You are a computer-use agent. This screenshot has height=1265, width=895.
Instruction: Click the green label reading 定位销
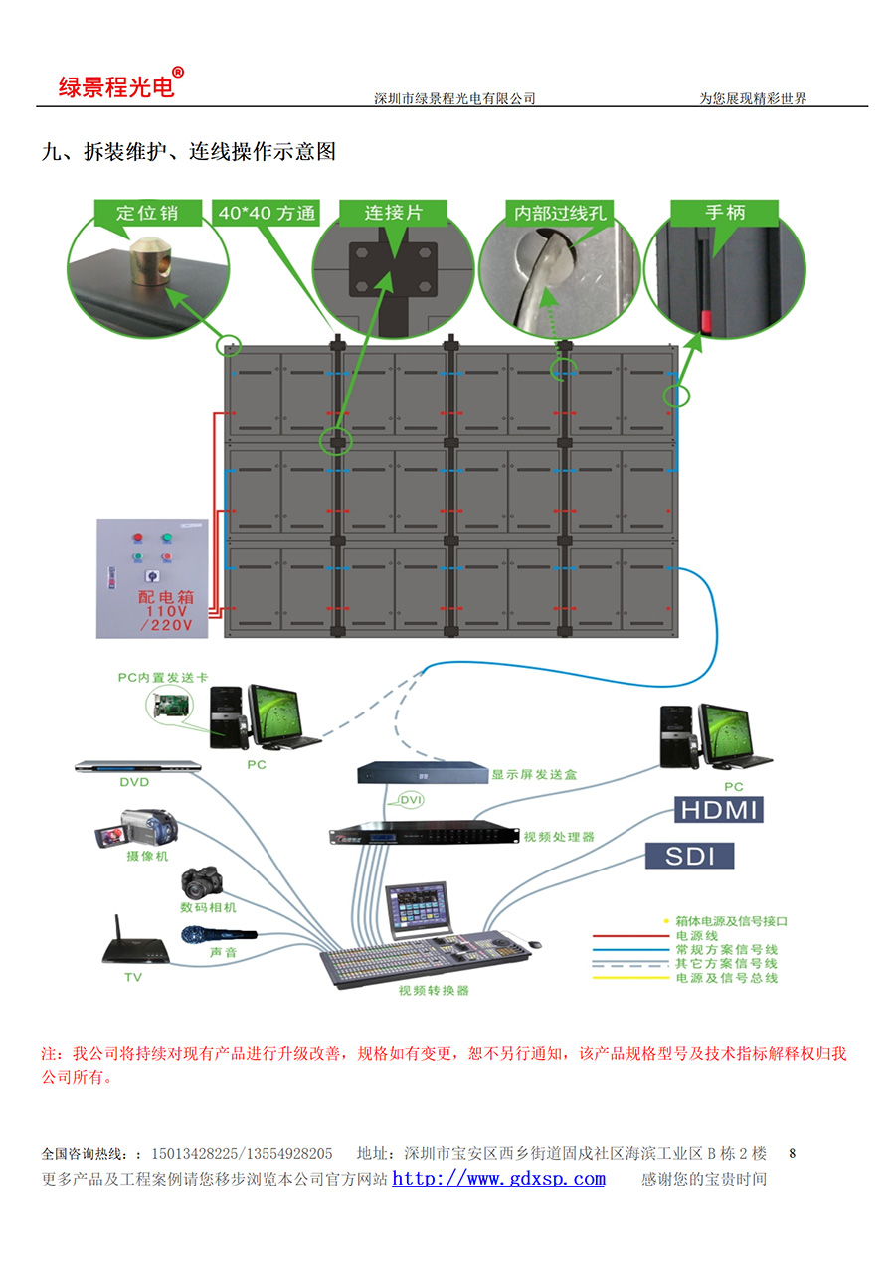click(x=146, y=212)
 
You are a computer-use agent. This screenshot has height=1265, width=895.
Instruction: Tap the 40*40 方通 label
click(x=267, y=212)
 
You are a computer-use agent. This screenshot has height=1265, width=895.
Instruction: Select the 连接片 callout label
click(x=393, y=212)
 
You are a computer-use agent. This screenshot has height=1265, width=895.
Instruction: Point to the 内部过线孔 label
click(x=558, y=212)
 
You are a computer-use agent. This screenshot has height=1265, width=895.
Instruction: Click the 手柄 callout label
click(x=725, y=212)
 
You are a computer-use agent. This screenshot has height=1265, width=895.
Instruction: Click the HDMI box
click(x=719, y=809)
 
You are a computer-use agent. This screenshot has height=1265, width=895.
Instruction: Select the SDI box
click(x=690, y=856)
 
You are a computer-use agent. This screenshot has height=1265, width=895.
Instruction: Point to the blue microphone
click(x=218, y=934)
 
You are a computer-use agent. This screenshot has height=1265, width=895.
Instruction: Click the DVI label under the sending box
click(x=410, y=801)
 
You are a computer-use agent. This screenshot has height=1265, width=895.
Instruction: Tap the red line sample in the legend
click(x=628, y=936)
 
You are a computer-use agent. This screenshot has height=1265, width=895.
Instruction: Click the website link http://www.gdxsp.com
click(x=498, y=1179)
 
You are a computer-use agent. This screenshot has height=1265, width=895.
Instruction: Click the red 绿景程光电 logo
click(x=117, y=86)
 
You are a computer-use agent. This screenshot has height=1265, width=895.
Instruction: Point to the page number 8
click(x=793, y=1154)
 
